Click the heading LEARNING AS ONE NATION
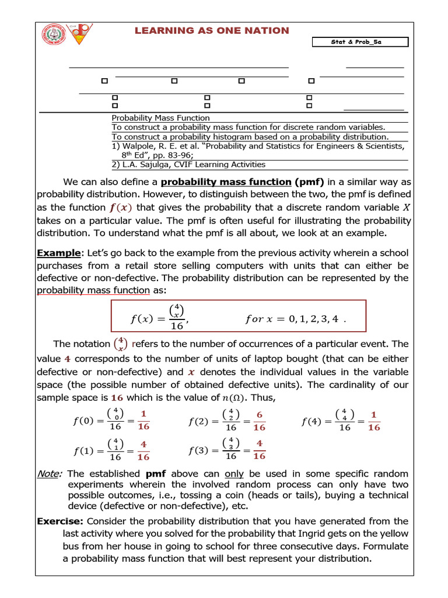coord(212,31)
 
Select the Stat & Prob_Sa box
coord(360,42)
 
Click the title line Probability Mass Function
coord(156,118)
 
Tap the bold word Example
coord(58,253)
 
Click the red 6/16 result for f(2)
coord(260,420)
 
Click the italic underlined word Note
coord(49,474)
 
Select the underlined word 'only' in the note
coord(234,474)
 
